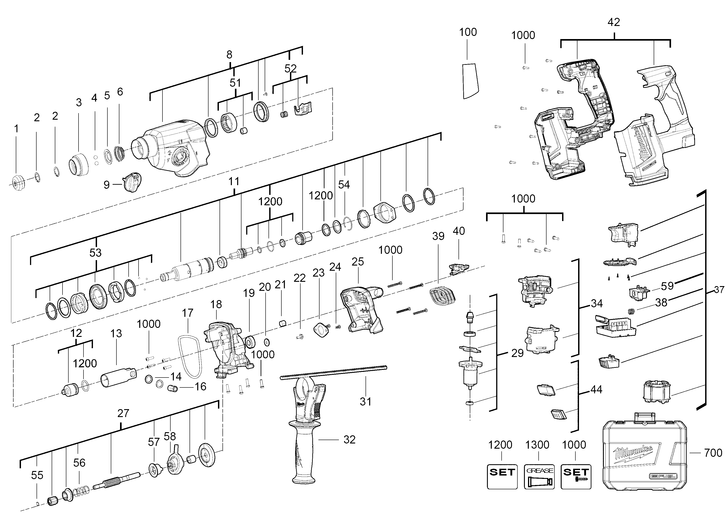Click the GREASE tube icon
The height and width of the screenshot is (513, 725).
(x=539, y=476)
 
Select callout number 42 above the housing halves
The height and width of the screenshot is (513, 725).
(x=614, y=22)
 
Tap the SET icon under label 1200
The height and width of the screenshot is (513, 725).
(x=502, y=476)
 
